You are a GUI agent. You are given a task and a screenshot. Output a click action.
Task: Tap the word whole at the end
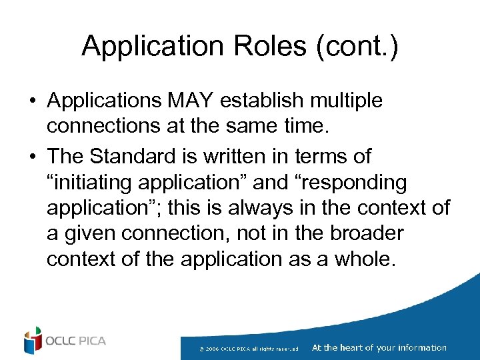point(367,258)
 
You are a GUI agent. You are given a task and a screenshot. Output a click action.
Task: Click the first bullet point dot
point(32,101)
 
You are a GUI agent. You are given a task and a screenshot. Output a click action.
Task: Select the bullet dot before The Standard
point(32,157)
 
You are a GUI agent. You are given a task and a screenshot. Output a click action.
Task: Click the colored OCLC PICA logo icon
point(32,341)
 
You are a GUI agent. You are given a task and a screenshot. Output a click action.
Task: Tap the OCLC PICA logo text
point(76,341)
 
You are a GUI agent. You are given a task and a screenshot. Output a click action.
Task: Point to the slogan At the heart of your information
point(379,347)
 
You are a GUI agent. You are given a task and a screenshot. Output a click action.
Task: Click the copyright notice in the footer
point(253,348)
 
